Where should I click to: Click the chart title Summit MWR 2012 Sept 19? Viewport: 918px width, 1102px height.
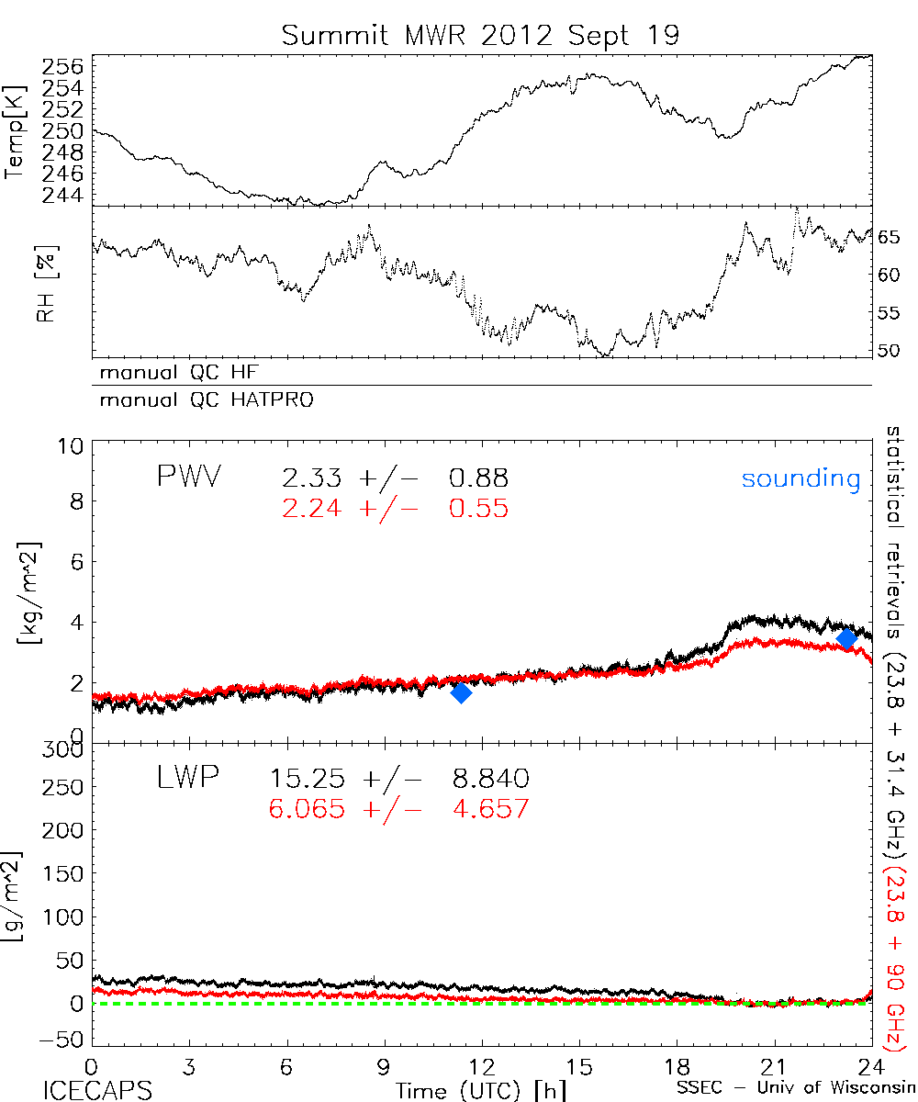[480, 36]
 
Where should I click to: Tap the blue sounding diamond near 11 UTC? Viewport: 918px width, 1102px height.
[461, 692]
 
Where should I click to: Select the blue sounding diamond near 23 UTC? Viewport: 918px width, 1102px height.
[846, 638]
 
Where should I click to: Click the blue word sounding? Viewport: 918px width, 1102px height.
[800, 478]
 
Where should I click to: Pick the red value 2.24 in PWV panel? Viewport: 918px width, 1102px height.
[308, 509]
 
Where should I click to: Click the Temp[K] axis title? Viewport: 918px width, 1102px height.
[15, 131]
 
